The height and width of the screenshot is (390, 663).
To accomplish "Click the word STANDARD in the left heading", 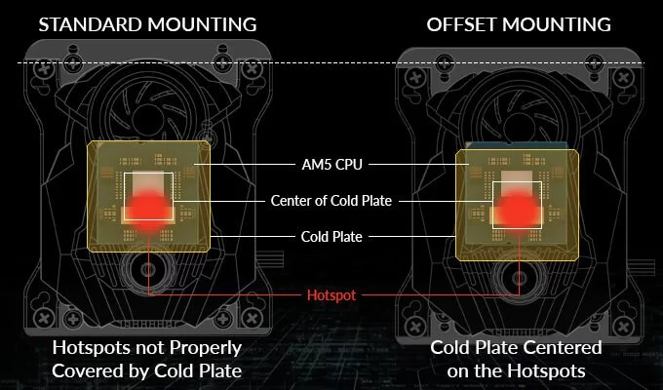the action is tap(90, 24).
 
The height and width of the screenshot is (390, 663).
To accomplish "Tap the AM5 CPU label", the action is tap(331, 164).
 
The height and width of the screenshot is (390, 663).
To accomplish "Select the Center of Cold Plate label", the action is tap(331, 201).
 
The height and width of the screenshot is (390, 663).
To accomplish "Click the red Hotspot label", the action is tap(331, 294).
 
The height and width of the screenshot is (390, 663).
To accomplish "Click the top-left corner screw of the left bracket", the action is tap(44, 69).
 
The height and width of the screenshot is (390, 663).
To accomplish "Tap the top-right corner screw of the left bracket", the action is tap(253, 69).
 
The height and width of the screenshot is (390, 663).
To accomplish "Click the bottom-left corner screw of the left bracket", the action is tap(44, 318).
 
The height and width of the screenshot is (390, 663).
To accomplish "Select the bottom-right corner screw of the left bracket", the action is tap(253, 318).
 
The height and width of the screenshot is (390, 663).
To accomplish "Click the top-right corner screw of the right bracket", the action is tap(624, 77).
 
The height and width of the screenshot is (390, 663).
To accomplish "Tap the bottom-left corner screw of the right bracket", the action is tap(415, 326).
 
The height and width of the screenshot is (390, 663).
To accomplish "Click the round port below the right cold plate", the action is tap(519, 278).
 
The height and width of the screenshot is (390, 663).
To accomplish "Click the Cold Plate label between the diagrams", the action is tap(331, 237).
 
